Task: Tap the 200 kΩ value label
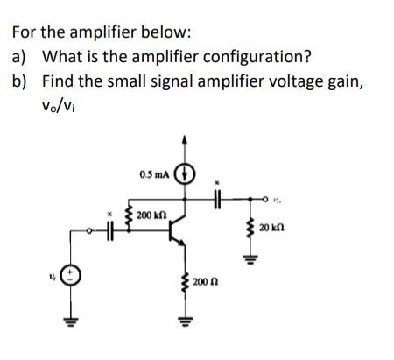(x=151, y=215)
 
